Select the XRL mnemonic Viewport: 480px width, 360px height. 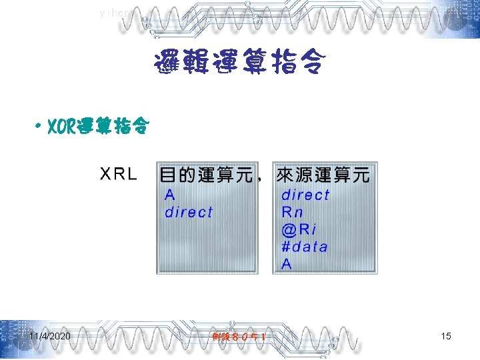click(x=119, y=175)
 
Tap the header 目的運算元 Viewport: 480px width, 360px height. click(x=206, y=175)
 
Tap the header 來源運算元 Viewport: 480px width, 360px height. click(x=323, y=175)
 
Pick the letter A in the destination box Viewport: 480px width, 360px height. click(x=170, y=195)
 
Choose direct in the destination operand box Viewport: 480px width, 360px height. click(x=189, y=213)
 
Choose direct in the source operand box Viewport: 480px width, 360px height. click(x=305, y=195)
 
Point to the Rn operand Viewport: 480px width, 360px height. click(x=292, y=213)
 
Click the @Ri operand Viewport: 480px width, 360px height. click(x=299, y=230)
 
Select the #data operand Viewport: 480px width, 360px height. click(x=305, y=247)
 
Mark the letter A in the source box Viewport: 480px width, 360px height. click(x=287, y=264)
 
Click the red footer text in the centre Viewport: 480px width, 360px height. click(x=239, y=337)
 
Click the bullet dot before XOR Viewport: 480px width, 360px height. click(x=41, y=126)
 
